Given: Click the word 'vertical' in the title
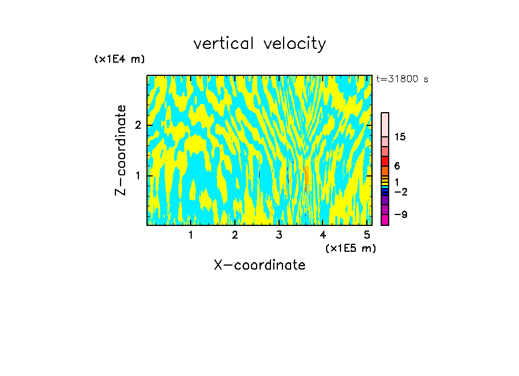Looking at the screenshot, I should [220, 44].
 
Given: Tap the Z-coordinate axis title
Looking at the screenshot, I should [121, 150].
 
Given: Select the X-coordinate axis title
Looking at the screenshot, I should [259, 265].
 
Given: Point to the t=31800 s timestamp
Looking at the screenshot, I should [402, 79].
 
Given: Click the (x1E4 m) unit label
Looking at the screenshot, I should [119, 59].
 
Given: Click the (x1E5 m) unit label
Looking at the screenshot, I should [350, 248].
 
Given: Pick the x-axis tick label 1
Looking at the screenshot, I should [191, 235].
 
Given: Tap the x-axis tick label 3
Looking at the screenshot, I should [279, 235].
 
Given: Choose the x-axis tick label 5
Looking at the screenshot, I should [367, 235].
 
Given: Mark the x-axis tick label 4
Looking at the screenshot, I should [323, 235].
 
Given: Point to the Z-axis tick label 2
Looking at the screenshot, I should [136, 125].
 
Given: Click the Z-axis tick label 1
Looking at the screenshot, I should [136, 175].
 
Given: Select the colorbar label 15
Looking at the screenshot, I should [400, 137].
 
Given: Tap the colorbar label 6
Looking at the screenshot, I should [397, 166].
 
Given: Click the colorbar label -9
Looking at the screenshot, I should [400, 214].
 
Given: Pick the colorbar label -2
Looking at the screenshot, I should [400, 191].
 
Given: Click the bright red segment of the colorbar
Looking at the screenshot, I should [385, 162].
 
